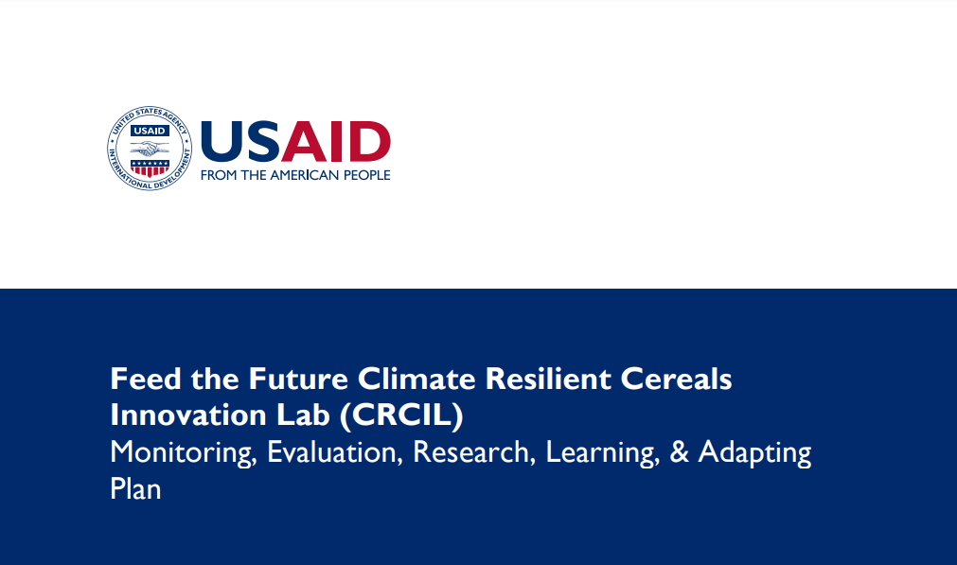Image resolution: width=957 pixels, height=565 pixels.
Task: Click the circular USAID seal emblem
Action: pos(150,149)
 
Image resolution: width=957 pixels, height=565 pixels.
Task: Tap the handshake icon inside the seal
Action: pos(150,150)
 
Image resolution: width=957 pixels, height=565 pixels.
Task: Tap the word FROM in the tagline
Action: pos(220,175)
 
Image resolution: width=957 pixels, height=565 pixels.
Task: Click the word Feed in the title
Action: pos(141,380)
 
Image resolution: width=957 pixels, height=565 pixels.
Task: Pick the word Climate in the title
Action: pos(417,380)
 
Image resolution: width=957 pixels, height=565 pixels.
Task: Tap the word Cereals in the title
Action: pos(678,380)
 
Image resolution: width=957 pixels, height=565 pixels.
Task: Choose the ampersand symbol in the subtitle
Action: pos(679,453)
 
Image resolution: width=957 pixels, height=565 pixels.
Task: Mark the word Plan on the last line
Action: pos(135,489)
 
